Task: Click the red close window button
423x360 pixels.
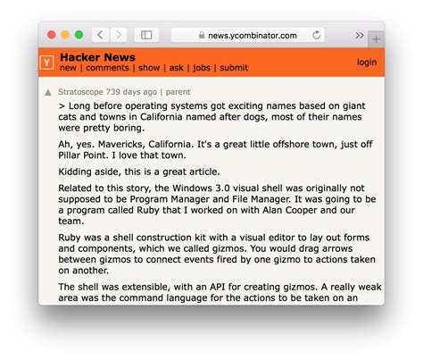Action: [52, 35]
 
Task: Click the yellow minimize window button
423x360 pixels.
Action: [65, 35]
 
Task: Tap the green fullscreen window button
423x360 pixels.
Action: [79, 35]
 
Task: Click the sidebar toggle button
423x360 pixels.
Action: [146, 35]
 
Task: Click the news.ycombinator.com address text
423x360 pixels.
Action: [253, 35]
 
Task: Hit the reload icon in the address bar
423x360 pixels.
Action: [316, 35]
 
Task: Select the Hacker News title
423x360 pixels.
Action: [97, 56]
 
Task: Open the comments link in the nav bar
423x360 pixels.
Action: [108, 68]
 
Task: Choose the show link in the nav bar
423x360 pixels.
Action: [149, 68]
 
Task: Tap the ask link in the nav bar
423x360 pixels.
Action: [177, 68]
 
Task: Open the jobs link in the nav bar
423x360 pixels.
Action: [202, 68]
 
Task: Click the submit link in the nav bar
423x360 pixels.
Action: [234, 68]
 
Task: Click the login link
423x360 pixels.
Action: [366, 63]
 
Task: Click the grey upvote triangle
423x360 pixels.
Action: [48, 92]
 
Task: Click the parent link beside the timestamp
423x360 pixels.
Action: [178, 91]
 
